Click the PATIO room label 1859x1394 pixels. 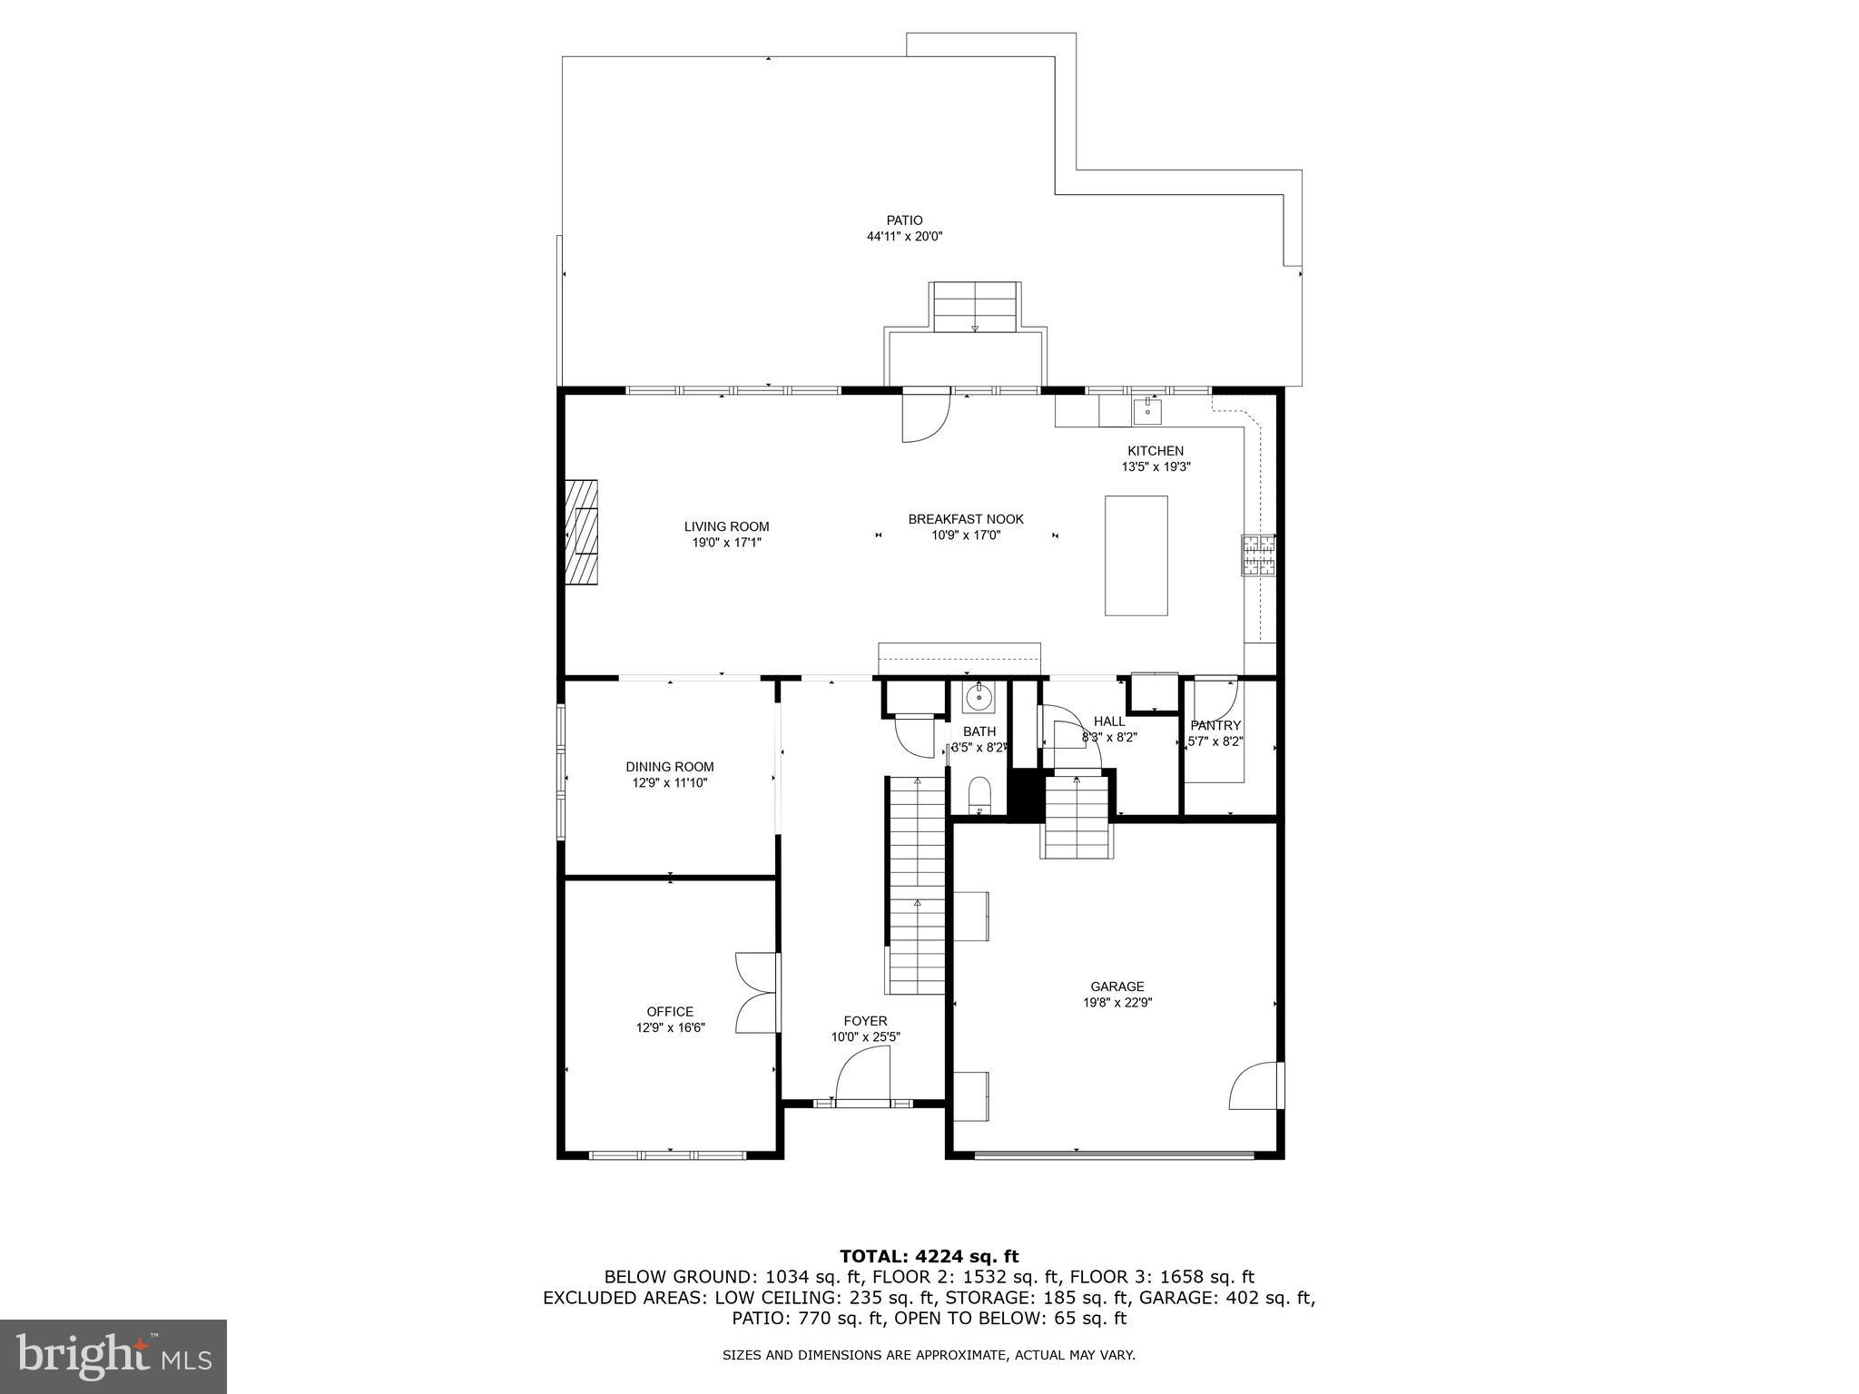click(x=904, y=221)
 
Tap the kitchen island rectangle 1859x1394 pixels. click(x=1136, y=555)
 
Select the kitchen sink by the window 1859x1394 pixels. click(x=1147, y=411)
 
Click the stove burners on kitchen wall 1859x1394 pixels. click(x=1258, y=555)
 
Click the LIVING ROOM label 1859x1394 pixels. click(x=726, y=526)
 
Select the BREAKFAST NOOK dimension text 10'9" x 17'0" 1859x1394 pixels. click(x=966, y=535)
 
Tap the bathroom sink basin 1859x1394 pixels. click(x=979, y=698)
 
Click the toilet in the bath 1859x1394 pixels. click(x=979, y=795)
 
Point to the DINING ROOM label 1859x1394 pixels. click(x=669, y=767)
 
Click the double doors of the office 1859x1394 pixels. click(x=756, y=992)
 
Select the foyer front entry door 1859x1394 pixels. click(x=862, y=1075)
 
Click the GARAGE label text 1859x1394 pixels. click(x=1116, y=987)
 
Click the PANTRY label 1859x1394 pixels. click(x=1215, y=725)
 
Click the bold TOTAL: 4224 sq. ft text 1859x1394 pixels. click(x=929, y=1256)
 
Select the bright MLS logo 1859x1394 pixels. click(x=113, y=1356)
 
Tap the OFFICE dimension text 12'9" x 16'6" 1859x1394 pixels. click(x=670, y=1028)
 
